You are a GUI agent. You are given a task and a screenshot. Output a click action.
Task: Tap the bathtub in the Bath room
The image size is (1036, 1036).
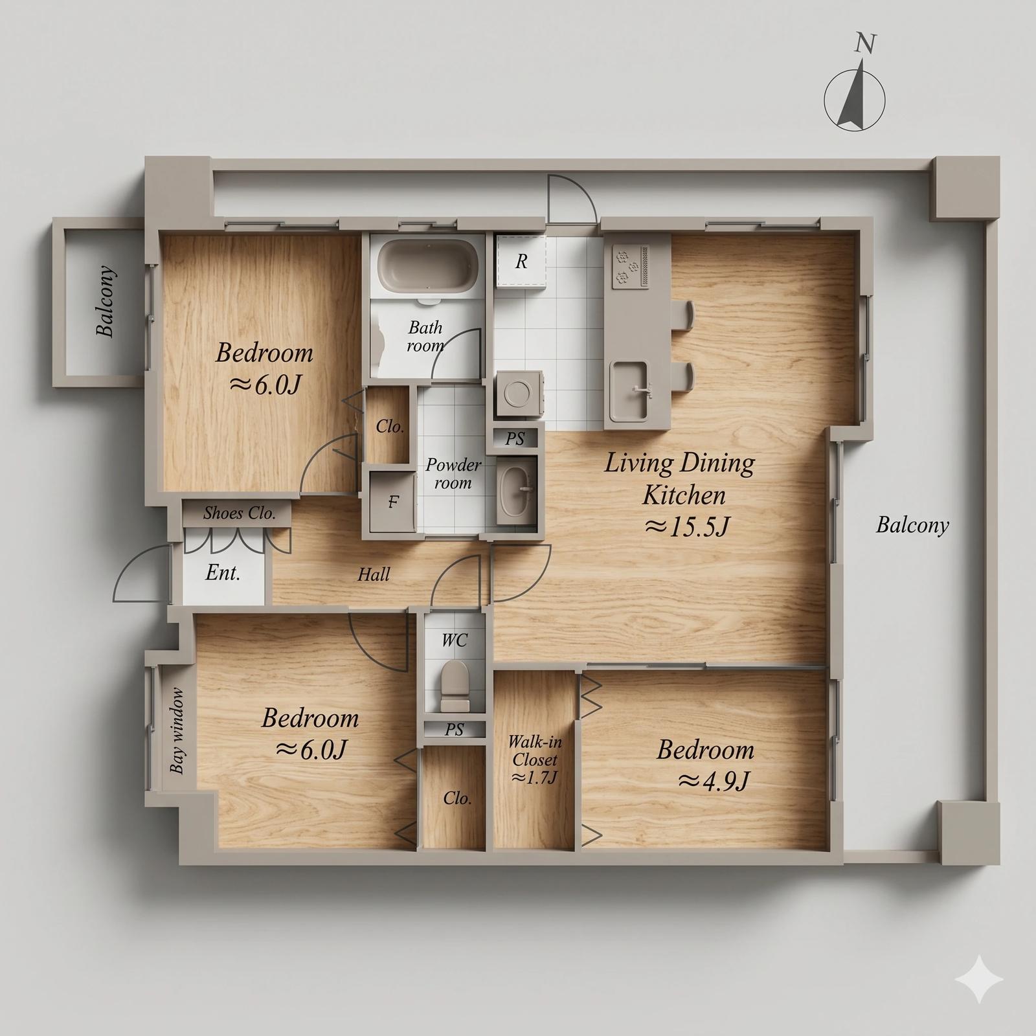428,266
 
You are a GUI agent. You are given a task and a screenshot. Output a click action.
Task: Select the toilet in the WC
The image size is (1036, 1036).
455,685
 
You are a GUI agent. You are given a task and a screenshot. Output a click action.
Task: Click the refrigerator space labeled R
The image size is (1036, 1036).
521,262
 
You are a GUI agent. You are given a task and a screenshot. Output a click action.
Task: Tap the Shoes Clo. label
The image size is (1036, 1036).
240,513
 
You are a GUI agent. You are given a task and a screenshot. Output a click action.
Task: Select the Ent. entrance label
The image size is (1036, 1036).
223,573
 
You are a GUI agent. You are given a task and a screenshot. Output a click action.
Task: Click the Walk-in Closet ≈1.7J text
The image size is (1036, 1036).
535,760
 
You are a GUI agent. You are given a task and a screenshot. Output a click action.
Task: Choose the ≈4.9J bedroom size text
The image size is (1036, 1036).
714,782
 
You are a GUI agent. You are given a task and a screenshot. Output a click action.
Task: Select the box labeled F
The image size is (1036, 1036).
392,501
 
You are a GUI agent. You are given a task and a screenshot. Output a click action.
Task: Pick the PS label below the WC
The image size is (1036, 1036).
455,730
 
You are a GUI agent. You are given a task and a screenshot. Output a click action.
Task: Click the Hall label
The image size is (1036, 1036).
374,574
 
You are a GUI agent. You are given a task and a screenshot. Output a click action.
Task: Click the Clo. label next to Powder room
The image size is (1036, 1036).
390,427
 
